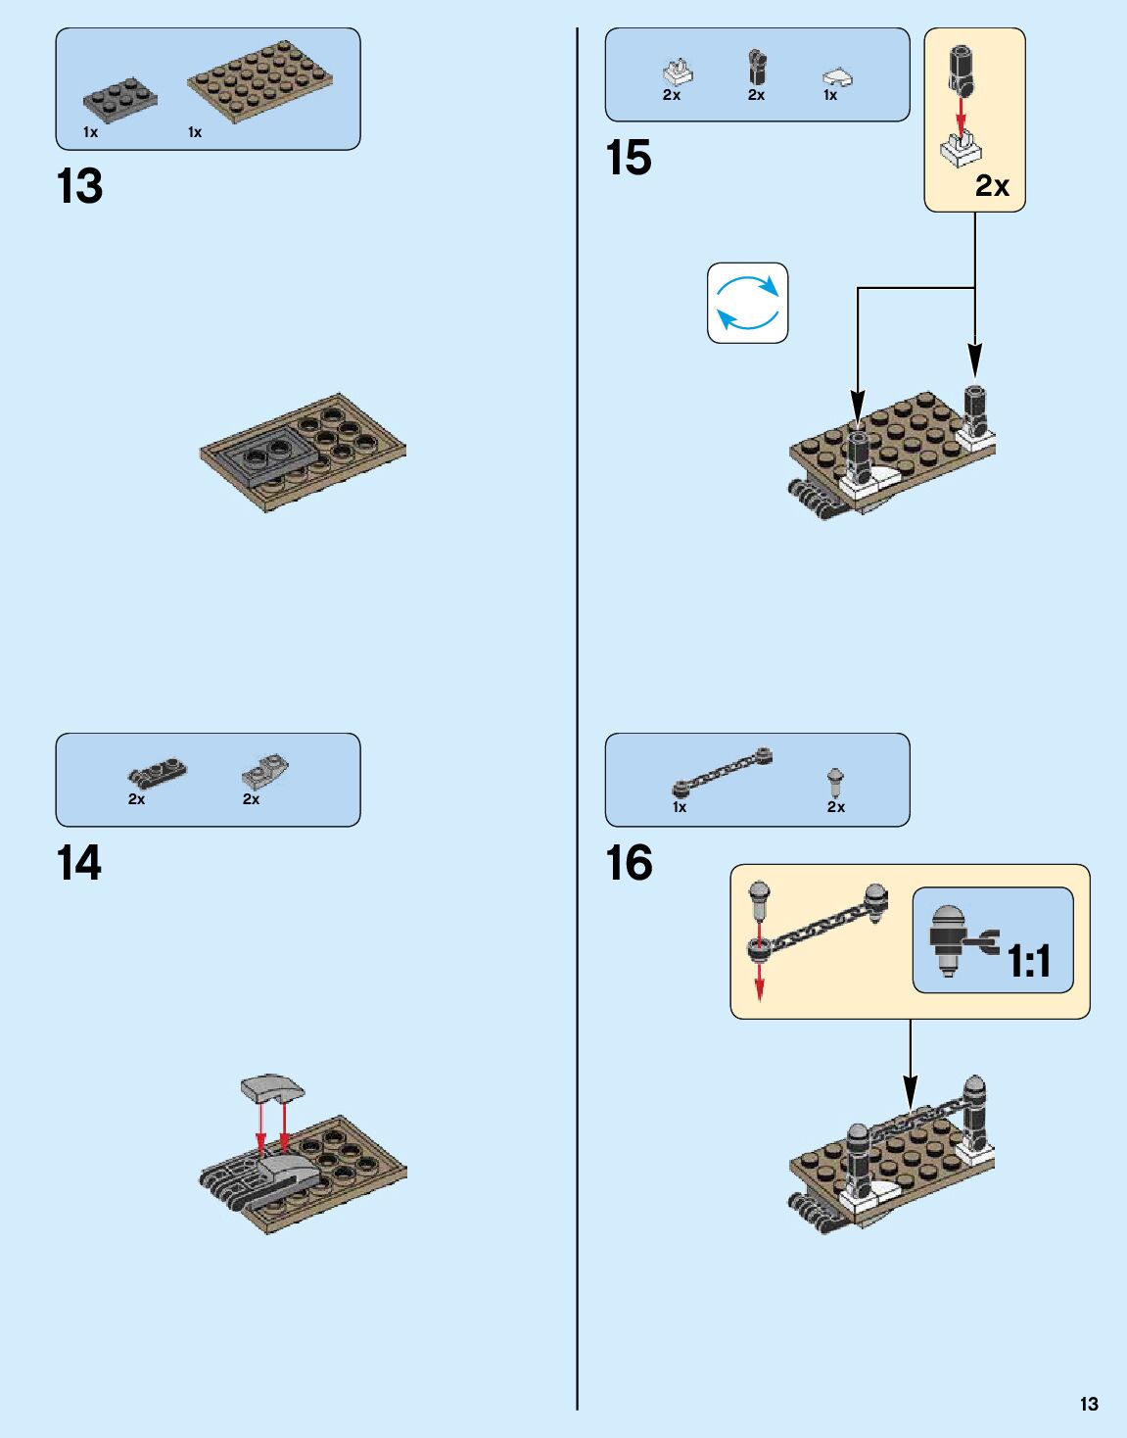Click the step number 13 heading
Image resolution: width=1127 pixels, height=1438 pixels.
[x=79, y=186]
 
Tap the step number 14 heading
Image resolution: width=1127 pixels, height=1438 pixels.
[x=79, y=863]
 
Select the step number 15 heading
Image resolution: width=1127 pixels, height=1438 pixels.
[x=628, y=158]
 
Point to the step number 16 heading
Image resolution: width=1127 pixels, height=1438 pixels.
[x=629, y=863]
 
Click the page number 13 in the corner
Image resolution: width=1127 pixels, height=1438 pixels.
[x=1089, y=1404]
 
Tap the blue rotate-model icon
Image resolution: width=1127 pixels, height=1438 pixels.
[x=747, y=303]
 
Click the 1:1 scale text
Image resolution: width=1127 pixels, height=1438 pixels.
[x=1029, y=961]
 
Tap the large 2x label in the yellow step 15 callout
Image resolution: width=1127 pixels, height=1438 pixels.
[x=992, y=185]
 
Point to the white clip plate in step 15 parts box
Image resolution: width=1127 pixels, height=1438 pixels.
[x=677, y=72]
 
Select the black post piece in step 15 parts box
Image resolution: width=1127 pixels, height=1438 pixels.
[x=756, y=69]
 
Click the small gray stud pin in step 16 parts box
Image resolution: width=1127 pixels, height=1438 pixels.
[x=835, y=782]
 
